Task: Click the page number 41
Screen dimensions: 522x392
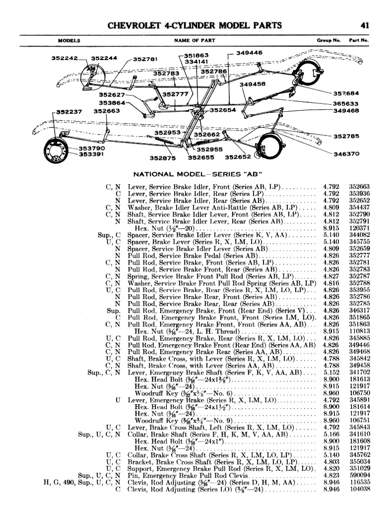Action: (x=365, y=26)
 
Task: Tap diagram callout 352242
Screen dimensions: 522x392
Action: (x=65, y=58)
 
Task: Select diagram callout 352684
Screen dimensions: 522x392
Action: (x=346, y=93)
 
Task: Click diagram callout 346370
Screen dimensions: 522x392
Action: (x=346, y=154)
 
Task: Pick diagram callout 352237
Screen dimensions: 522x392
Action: (x=69, y=112)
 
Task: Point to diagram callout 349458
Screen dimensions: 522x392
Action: (x=252, y=84)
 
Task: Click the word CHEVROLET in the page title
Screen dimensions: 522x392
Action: (x=134, y=26)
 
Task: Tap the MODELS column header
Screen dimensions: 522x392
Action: (x=69, y=40)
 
